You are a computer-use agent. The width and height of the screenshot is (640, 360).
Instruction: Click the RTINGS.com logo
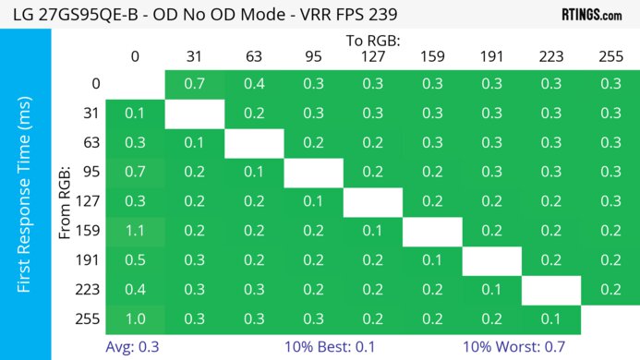coord(592,15)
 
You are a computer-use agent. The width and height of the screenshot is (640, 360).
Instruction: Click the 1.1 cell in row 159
coord(135,232)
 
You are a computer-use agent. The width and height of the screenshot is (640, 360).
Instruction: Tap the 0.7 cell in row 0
coord(194,84)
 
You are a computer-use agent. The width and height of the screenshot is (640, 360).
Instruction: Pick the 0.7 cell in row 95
coord(135,172)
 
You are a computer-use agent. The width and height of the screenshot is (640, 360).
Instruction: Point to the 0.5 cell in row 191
coord(135,260)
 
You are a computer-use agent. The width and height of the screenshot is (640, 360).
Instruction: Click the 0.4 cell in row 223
coord(135,290)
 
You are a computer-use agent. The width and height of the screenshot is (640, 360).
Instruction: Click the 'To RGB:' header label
coord(373,41)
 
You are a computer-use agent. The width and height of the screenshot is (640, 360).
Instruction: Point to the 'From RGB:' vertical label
coord(66,201)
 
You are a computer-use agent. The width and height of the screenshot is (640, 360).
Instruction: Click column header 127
coord(372,57)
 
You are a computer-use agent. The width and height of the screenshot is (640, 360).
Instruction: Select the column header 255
coord(610,57)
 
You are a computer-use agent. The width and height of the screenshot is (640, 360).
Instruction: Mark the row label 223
coord(89,290)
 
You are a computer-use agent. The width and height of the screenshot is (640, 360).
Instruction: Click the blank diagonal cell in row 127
coord(372,201)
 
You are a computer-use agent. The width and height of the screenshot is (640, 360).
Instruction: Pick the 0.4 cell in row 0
coord(253,84)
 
